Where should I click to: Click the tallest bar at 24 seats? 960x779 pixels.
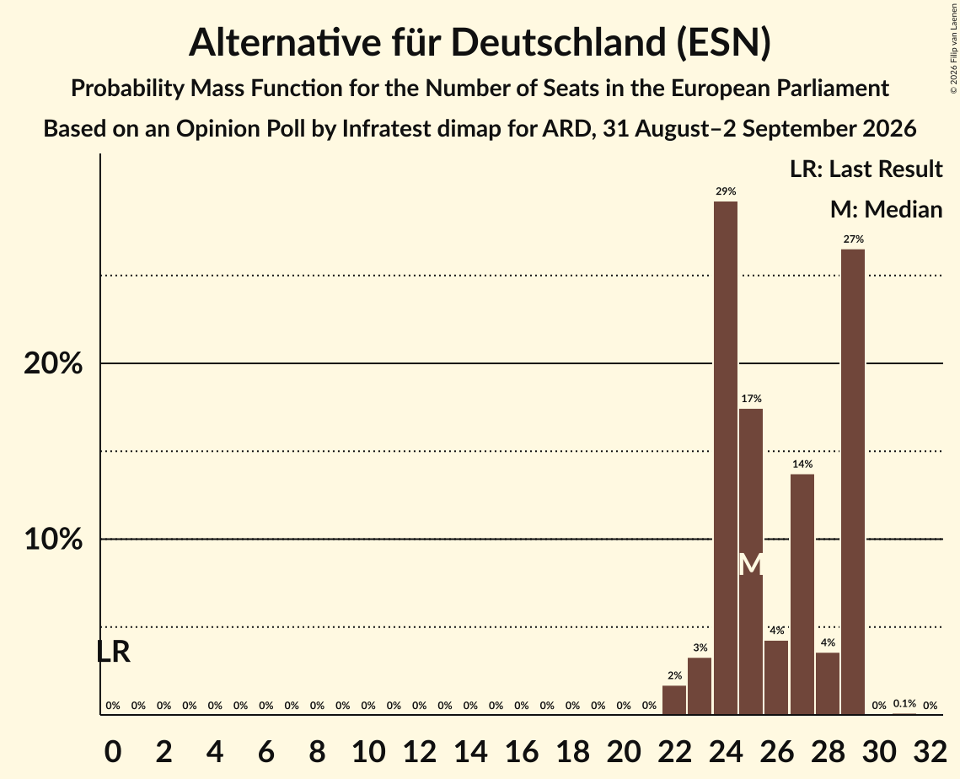[x=726, y=458]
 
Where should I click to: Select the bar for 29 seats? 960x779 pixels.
[x=853, y=481]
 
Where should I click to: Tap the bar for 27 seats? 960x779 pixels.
[x=802, y=594]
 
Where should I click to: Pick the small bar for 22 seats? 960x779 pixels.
[x=674, y=700]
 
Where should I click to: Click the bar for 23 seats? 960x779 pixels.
[x=700, y=686]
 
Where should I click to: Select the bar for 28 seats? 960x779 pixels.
[x=828, y=684]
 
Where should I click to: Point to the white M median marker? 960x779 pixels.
[x=751, y=565]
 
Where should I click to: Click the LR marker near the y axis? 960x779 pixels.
[x=114, y=653]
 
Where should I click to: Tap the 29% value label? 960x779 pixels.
[x=726, y=191]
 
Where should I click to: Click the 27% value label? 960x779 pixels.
[x=854, y=239]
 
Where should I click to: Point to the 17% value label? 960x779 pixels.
[x=751, y=399]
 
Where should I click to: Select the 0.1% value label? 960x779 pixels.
[x=904, y=704]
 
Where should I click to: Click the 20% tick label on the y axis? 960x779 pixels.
[x=53, y=363]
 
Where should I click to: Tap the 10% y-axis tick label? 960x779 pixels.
[x=53, y=540]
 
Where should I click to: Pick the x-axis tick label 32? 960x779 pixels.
[x=930, y=751]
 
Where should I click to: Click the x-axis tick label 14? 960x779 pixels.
[x=470, y=751]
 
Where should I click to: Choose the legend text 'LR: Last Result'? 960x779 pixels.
[x=866, y=169]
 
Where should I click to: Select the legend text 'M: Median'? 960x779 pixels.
[x=886, y=209]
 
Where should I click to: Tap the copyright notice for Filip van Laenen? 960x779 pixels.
[x=953, y=48]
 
